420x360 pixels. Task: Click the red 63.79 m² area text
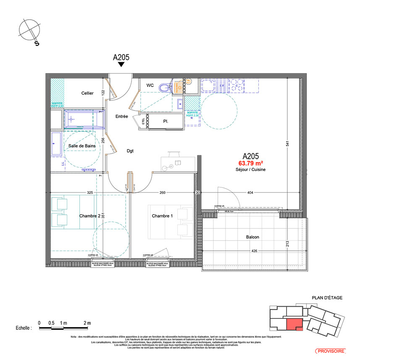(251, 163)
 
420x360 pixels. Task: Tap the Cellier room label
(87, 93)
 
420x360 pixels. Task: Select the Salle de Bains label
(82, 146)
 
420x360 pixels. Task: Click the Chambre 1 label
(162, 216)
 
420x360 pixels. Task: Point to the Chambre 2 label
(90, 216)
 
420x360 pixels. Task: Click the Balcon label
(252, 237)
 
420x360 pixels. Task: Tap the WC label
(150, 85)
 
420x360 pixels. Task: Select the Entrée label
(122, 117)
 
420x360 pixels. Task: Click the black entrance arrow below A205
(121, 64)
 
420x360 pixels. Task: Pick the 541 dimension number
(288, 143)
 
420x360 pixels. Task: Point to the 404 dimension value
(250, 192)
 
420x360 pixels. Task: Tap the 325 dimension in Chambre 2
(90, 192)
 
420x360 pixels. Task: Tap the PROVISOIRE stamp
(330, 350)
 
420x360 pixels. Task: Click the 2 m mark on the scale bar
(87, 323)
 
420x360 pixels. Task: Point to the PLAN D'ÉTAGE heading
(327, 298)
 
